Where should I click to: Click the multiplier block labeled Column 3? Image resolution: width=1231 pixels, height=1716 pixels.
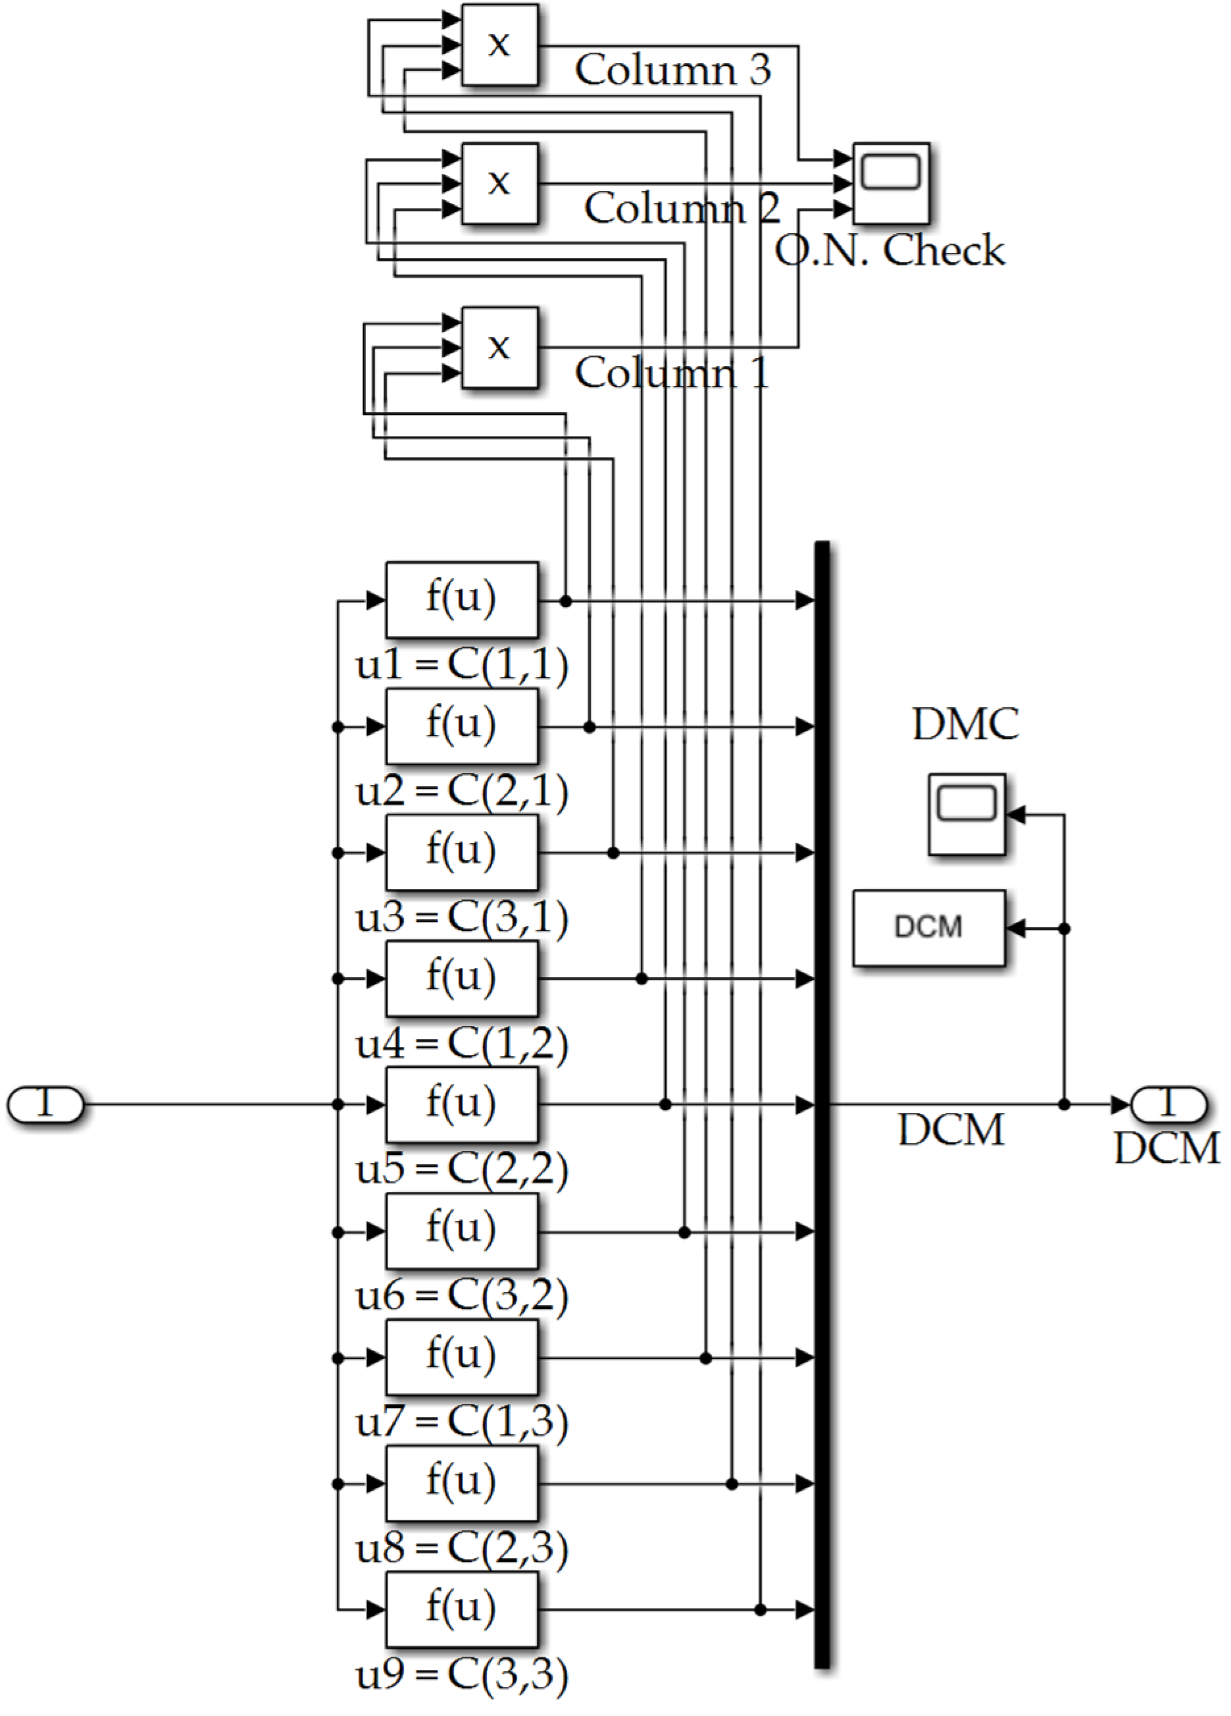pyautogui.click(x=499, y=45)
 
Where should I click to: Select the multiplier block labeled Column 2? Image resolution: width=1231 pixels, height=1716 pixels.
pyautogui.click(x=499, y=184)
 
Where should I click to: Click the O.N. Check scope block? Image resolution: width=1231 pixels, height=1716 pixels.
pyautogui.click(x=891, y=184)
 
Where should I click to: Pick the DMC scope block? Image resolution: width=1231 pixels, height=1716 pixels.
pyautogui.click(x=967, y=814)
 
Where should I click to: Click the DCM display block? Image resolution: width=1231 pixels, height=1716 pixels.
pyautogui.click(x=928, y=928)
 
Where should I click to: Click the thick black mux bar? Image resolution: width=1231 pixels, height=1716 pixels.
pyautogui.click(x=822, y=1105)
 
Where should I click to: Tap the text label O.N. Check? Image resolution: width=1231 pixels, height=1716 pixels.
pyautogui.click(x=890, y=251)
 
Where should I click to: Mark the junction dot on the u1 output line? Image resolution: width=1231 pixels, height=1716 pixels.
pyautogui.click(x=566, y=601)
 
